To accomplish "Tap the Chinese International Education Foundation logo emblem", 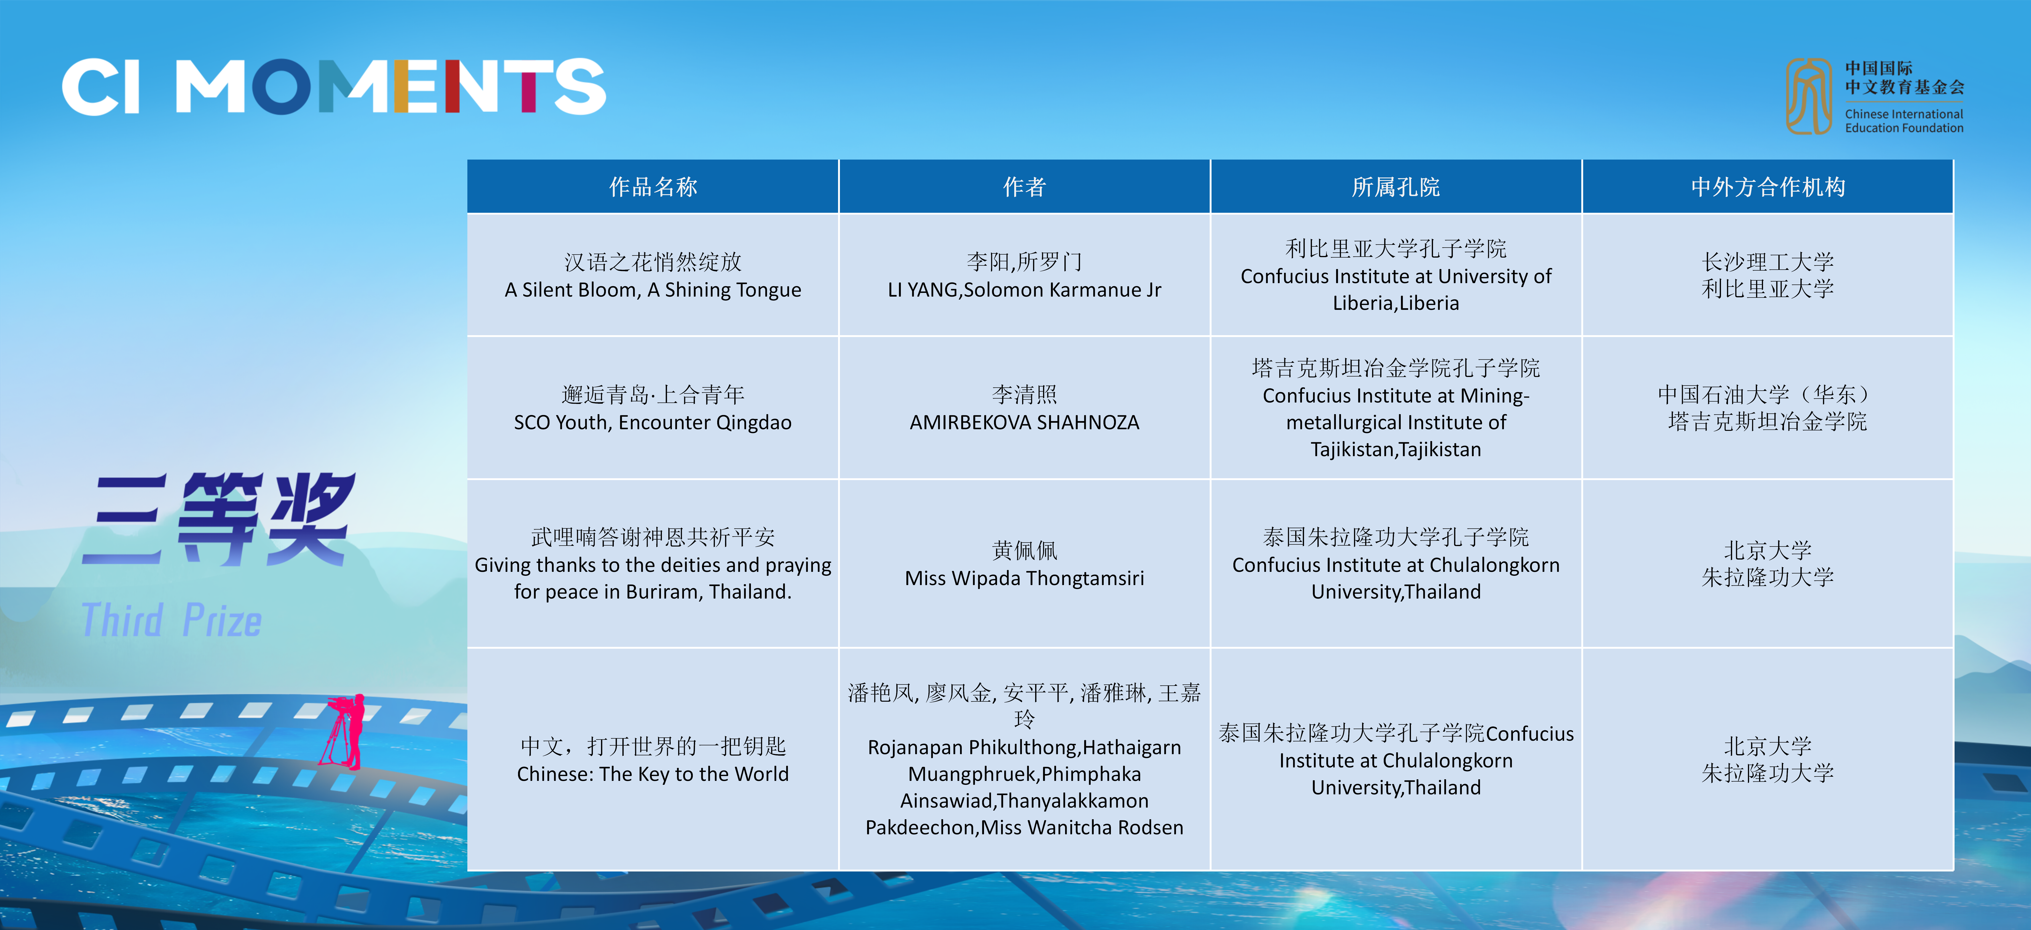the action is (1809, 96).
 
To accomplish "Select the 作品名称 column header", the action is (653, 187).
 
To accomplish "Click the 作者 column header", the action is (1024, 187).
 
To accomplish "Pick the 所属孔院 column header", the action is (1396, 187).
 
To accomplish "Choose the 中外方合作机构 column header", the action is (1768, 187).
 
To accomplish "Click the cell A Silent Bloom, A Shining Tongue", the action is (653, 275).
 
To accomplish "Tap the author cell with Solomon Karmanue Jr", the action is (1024, 275).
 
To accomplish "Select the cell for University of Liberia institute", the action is (1396, 275).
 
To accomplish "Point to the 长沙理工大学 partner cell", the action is (1768, 275).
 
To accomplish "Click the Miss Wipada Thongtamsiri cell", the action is (1024, 563).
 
